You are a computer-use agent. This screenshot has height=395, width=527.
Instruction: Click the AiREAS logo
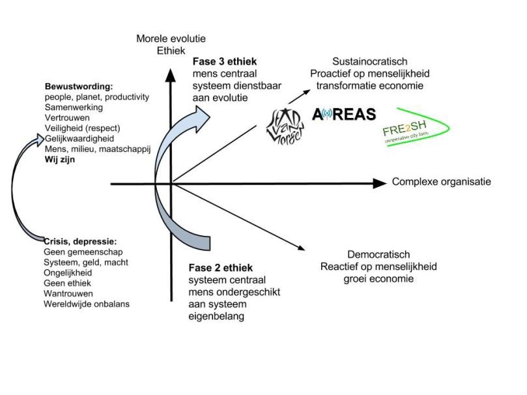point(344,115)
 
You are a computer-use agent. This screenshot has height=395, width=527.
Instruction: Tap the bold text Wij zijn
point(60,159)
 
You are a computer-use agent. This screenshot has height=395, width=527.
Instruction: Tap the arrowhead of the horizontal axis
point(379,184)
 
